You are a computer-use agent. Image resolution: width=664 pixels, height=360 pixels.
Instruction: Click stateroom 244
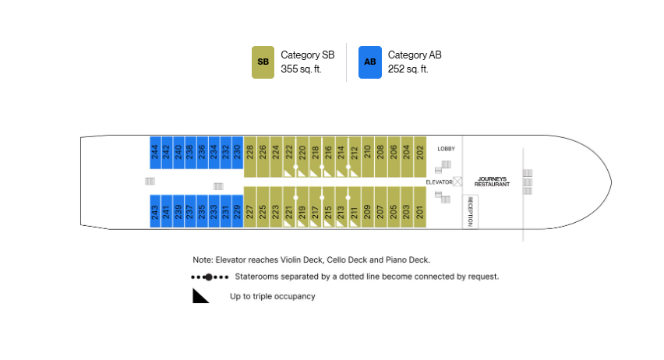click(x=155, y=153)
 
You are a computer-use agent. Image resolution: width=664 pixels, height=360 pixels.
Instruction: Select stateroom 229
click(x=237, y=211)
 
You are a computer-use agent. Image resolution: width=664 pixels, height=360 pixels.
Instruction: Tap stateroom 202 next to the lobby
click(x=420, y=157)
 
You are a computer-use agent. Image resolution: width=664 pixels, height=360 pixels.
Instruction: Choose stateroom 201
click(x=420, y=207)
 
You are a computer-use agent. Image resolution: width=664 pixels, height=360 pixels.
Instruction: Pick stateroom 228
click(x=250, y=157)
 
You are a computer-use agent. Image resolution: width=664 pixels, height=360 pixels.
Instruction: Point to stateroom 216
click(x=329, y=157)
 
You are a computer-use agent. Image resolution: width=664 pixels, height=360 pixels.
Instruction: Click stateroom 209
click(x=368, y=207)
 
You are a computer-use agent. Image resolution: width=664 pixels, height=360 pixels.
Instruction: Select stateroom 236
click(x=202, y=153)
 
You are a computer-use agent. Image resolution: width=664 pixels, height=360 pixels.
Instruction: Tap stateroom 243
click(x=155, y=211)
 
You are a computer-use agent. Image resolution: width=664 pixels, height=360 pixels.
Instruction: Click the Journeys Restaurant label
click(x=492, y=182)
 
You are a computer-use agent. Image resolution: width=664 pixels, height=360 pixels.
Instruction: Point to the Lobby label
click(x=447, y=149)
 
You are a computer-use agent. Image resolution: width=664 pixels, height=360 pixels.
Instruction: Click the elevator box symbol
click(x=457, y=182)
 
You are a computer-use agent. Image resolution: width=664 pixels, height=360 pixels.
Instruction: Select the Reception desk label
click(x=470, y=211)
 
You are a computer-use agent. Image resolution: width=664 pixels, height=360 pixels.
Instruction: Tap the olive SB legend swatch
click(x=263, y=62)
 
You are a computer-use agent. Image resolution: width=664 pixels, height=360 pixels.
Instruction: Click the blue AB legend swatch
click(x=370, y=62)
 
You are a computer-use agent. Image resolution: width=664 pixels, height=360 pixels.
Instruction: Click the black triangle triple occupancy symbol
click(x=200, y=296)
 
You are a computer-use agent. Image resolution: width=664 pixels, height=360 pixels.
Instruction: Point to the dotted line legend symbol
click(x=210, y=277)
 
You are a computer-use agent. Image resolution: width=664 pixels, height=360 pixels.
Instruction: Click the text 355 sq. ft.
click(x=301, y=69)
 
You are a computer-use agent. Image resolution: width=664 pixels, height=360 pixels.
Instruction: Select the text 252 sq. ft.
click(x=408, y=69)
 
